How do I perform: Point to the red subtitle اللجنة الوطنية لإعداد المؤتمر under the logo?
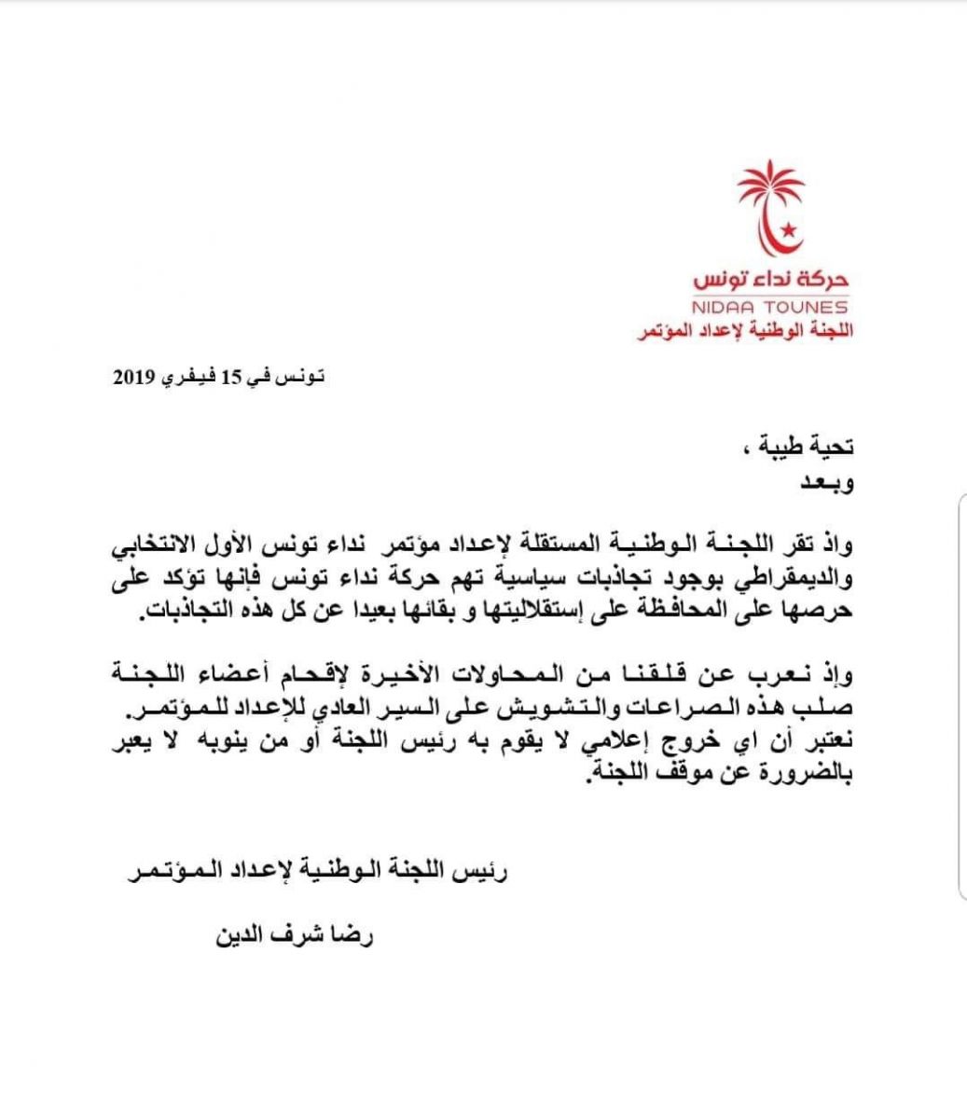tap(743, 330)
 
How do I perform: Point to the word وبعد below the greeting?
tap(829, 483)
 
